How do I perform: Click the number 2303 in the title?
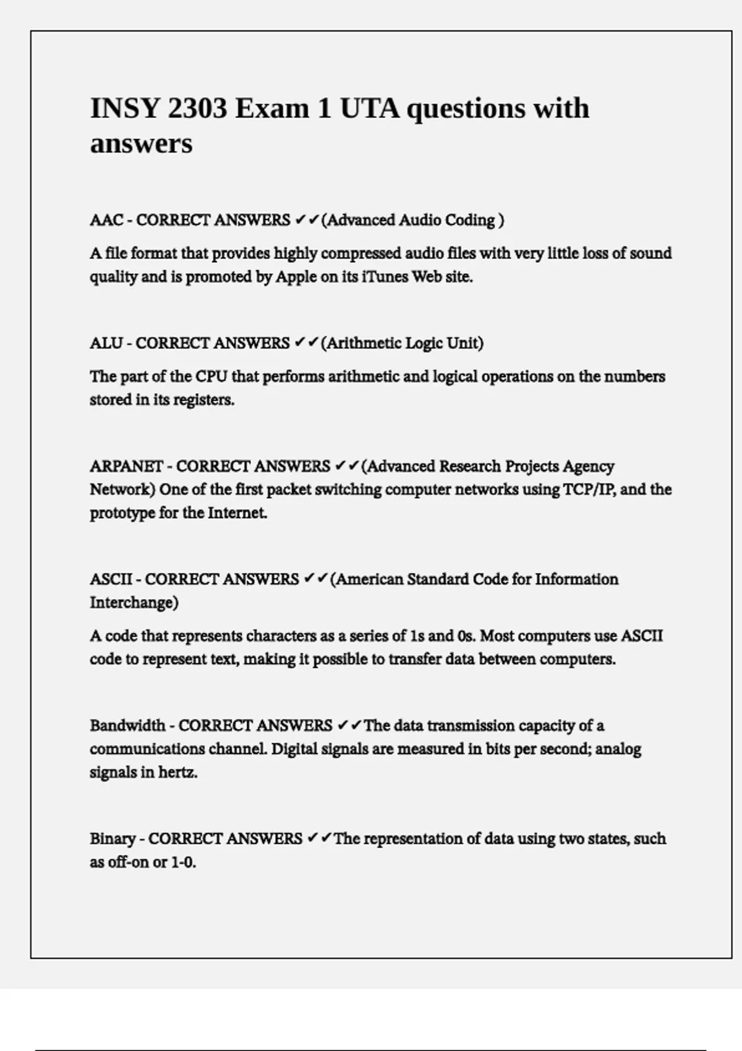[x=197, y=109]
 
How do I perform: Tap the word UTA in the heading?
[x=369, y=109]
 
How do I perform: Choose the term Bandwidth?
[x=127, y=725]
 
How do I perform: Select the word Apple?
[x=296, y=277]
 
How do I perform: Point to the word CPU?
[x=211, y=377]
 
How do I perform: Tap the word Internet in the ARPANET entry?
[x=237, y=513]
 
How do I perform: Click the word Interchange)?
[x=134, y=603]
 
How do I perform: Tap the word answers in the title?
[x=141, y=144]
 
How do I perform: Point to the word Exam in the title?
[x=271, y=109]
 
